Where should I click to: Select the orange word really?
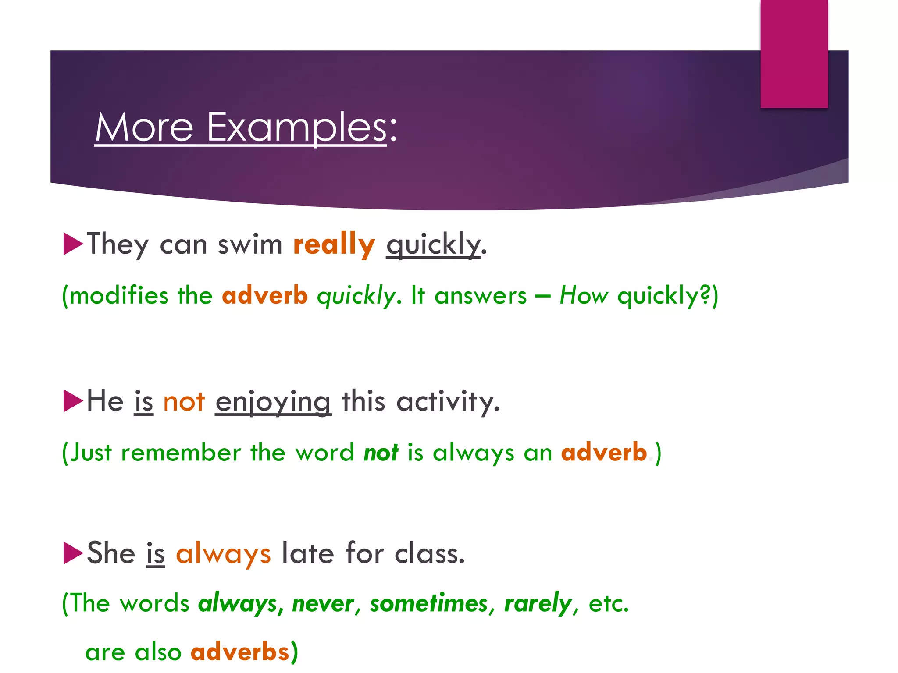click(x=334, y=244)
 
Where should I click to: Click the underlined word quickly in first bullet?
click(x=433, y=244)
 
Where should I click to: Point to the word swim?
click(x=250, y=244)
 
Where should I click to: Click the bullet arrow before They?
click(x=73, y=244)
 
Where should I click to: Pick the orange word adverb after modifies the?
click(x=265, y=295)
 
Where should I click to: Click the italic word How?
click(x=584, y=295)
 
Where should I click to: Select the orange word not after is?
click(x=184, y=401)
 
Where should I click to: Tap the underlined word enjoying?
click(x=273, y=402)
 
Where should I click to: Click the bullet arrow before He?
click(x=73, y=400)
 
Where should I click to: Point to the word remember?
click(x=181, y=452)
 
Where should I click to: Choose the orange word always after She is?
click(x=223, y=553)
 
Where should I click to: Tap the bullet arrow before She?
click(x=73, y=553)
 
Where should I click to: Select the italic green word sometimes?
click(x=428, y=603)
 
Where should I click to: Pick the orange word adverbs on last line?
click(x=240, y=652)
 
